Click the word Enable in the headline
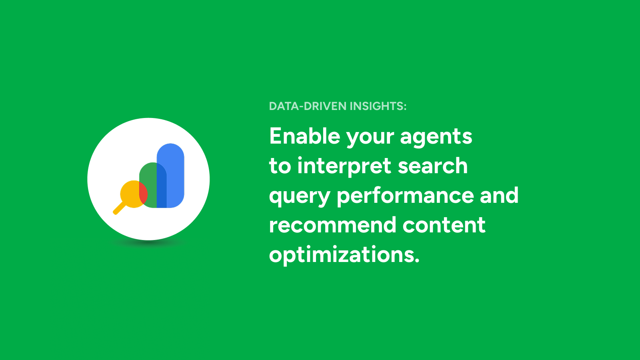[304, 136]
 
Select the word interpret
[344, 166]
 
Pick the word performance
[405, 196]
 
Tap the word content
[444, 225]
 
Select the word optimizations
[344, 254]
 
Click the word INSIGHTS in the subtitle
[378, 106]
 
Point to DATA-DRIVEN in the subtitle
[308, 106]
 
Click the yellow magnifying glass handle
[119, 208]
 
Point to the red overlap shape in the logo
[143, 194]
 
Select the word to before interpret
[280, 166]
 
